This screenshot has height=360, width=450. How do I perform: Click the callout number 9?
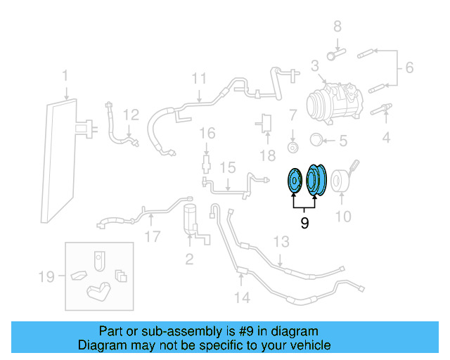pyautogui.click(x=304, y=224)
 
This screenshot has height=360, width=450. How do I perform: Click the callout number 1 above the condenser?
pyautogui.click(x=65, y=76)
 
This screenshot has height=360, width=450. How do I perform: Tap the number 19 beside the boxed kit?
pyautogui.click(x=46, y=277)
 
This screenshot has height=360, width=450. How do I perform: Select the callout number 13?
pyautogui.click(x=281, y=243)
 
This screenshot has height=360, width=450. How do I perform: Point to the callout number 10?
pyautogui.click(x=342, y=217)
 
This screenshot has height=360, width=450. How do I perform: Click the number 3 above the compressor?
pyautogui.click(x=315, y=66)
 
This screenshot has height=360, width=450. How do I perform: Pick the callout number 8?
pyautogui.click(x=337, y=27)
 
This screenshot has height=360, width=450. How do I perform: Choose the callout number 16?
pyautogui.click(x=206, y=133)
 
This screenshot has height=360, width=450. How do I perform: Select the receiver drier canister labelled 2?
pyautogui.click(x=191, y=220)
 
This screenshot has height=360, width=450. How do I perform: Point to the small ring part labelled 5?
pyautogui.click(x=316, y=141)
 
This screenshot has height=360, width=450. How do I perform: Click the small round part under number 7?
pyautogui.click(x=292, y=148)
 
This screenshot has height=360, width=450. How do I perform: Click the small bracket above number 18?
pyautogui.click(x=266, y=122)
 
